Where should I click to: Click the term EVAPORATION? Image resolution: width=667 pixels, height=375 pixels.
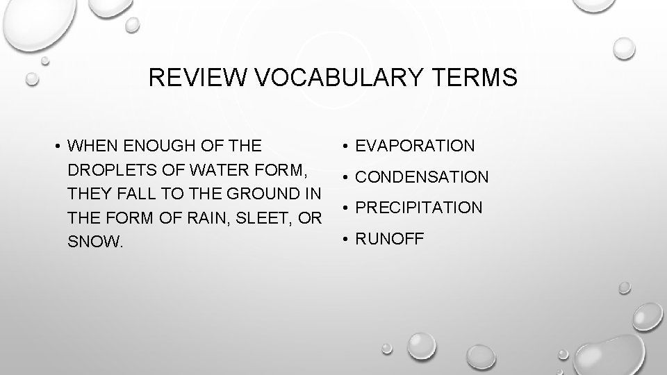(x=415, y=146)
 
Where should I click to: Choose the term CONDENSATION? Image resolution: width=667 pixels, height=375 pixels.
(x=422, y=177)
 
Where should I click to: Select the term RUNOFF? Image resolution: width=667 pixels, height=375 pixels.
(x=389, y=239)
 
